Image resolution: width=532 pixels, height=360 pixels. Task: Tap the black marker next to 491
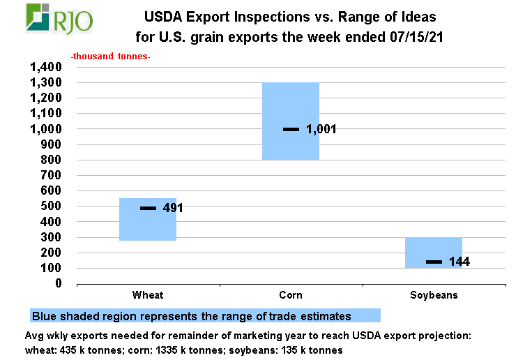pos(148,208)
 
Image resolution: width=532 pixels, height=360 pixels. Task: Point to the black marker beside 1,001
pos(291,129)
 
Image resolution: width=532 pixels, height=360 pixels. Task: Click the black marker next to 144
pos(434,262)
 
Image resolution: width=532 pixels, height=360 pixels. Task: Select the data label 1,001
pos(321,129)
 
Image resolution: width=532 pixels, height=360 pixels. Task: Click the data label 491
pos(173,208)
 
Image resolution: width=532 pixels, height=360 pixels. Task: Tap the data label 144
pos(459,262)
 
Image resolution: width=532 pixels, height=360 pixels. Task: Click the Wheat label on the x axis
pos(147,295)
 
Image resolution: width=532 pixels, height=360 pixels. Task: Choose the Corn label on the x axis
pos(290,295)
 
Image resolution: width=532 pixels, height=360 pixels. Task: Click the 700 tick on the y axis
pos(53,175)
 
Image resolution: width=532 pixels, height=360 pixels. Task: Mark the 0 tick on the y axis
pos(59,283)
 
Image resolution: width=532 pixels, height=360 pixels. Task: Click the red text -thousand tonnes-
pos(110,55)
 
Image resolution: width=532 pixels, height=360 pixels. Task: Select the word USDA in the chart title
pos(161,15)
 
